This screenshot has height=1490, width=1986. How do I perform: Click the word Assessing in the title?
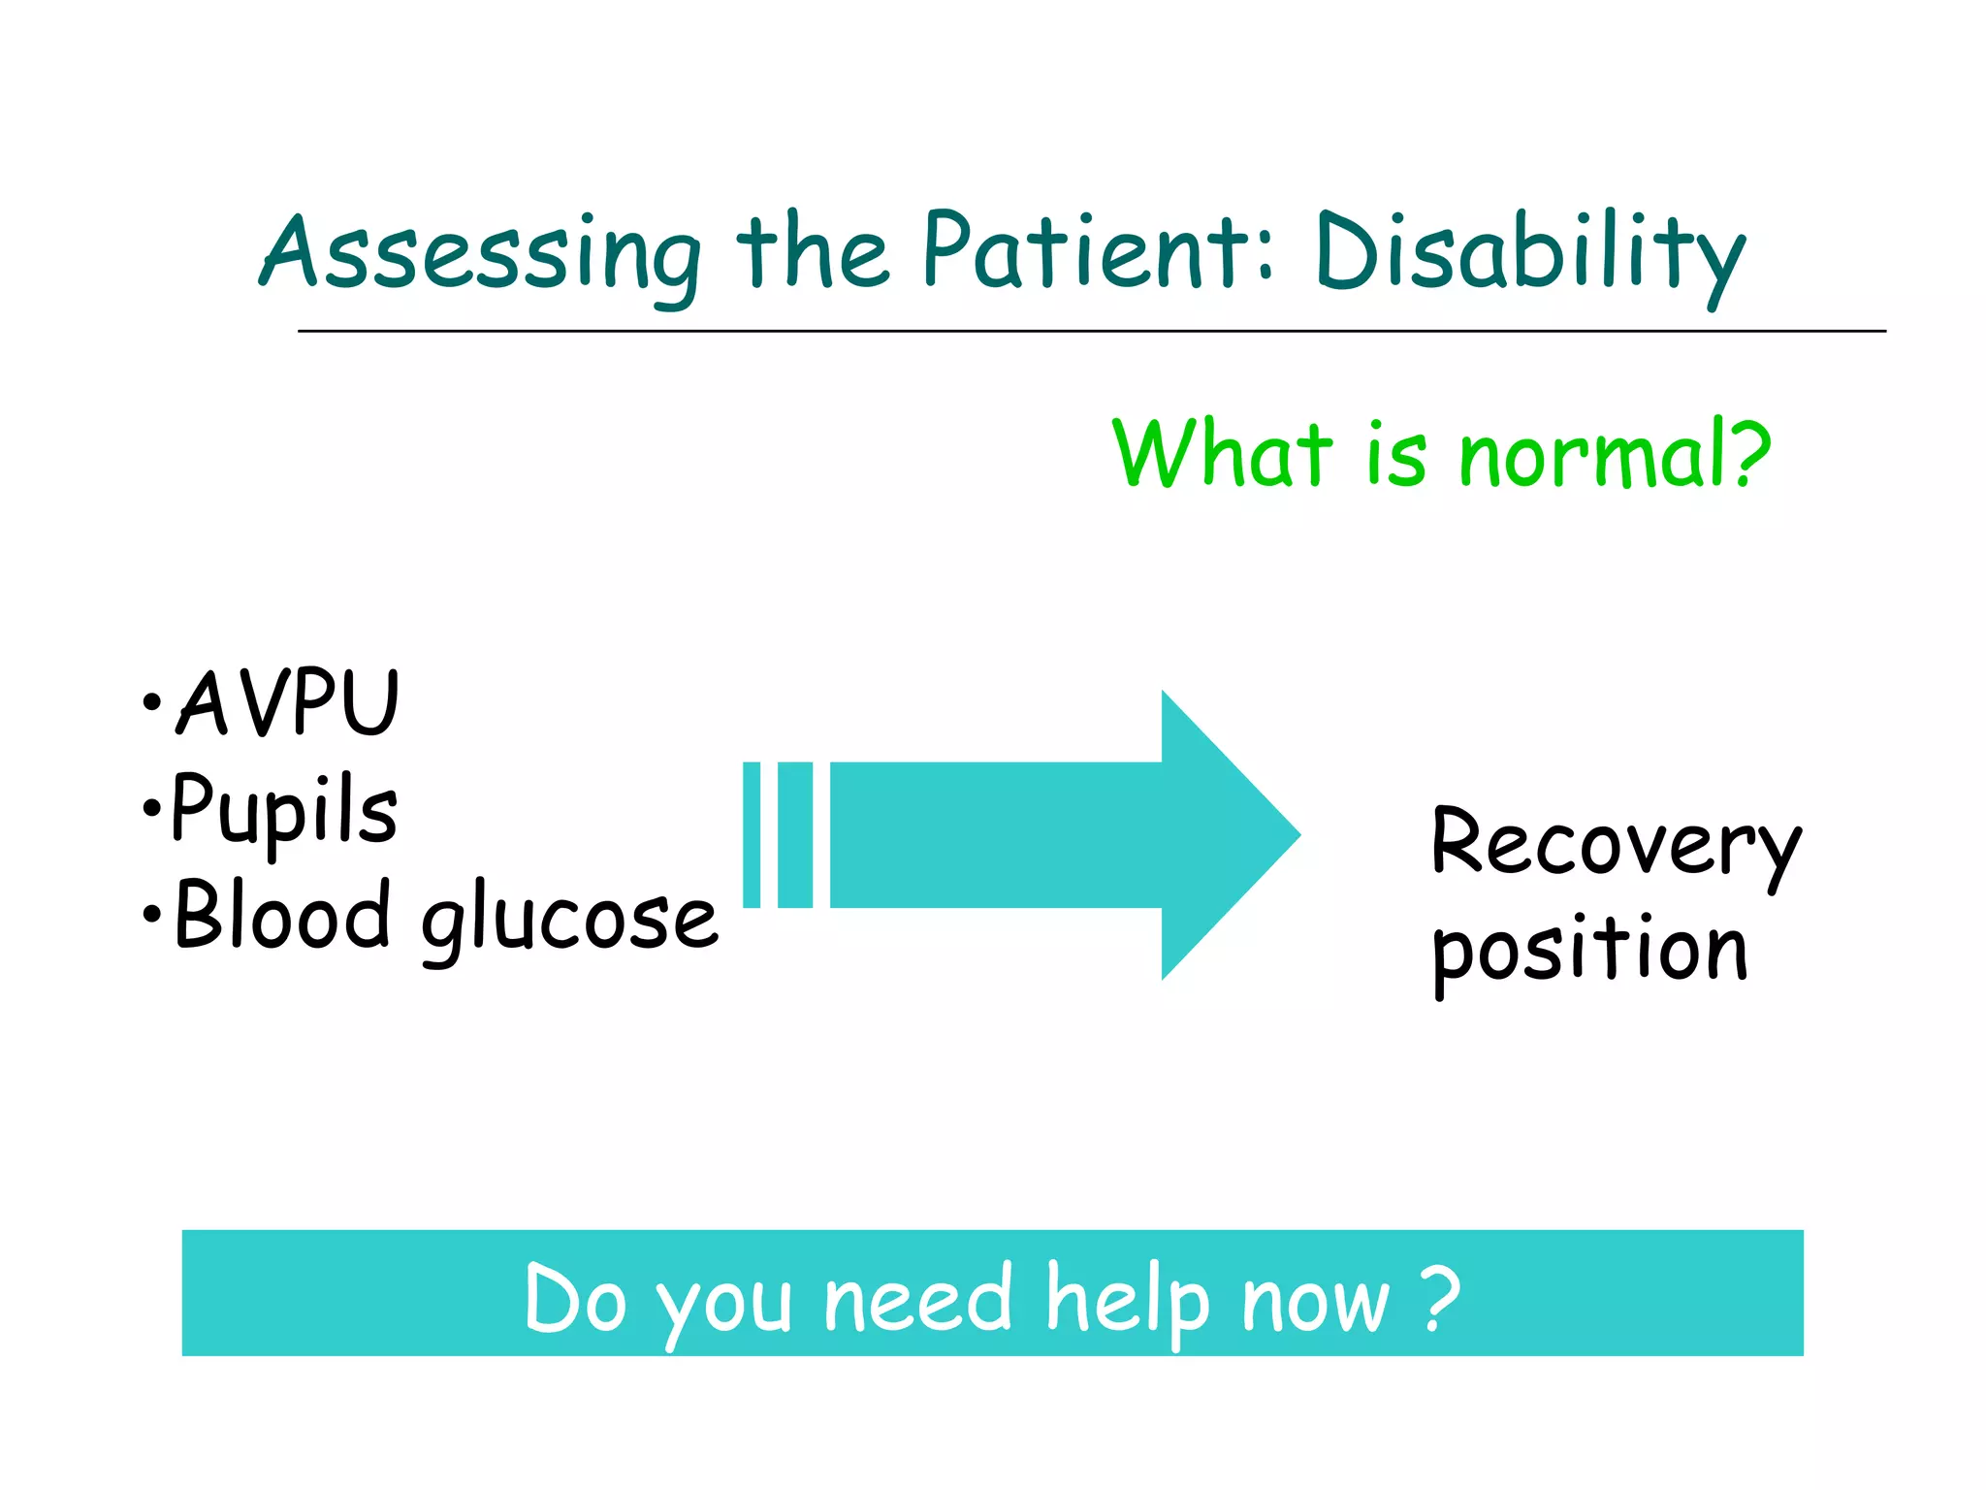coord(480,254)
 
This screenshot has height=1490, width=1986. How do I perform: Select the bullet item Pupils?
coord(283,811)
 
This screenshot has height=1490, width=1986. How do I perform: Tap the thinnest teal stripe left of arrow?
coord(752,835)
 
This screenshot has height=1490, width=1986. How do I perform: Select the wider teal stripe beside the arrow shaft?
coord(795,835)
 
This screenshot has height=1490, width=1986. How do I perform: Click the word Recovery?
coord(1615,844)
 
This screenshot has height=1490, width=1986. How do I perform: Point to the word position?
coord(1590,951)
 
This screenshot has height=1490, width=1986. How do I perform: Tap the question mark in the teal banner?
coord(1442,1296)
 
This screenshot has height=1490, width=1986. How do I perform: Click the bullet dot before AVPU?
coord(150,702)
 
